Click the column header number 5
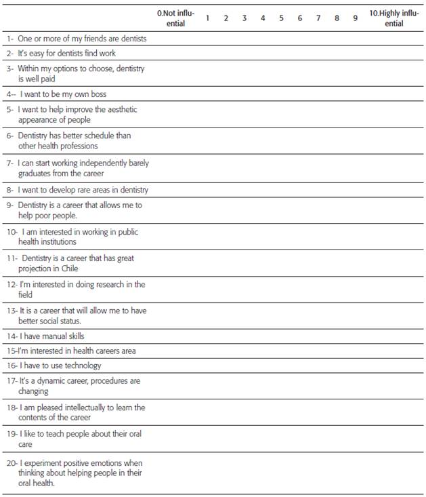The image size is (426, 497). coord(281,18)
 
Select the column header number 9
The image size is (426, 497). coord(355,18)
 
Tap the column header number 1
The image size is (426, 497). coord(207,18)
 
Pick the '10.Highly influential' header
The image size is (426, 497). coord(393,18)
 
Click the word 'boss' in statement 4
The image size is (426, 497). coord(98,94)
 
